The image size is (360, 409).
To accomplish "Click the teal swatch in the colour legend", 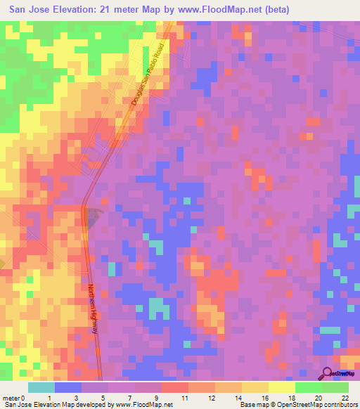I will click(41, 387).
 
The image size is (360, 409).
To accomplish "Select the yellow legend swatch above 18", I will click(281, 387).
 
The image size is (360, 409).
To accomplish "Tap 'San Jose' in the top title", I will click(25, 9).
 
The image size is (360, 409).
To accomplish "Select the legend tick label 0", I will click(27, 397).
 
